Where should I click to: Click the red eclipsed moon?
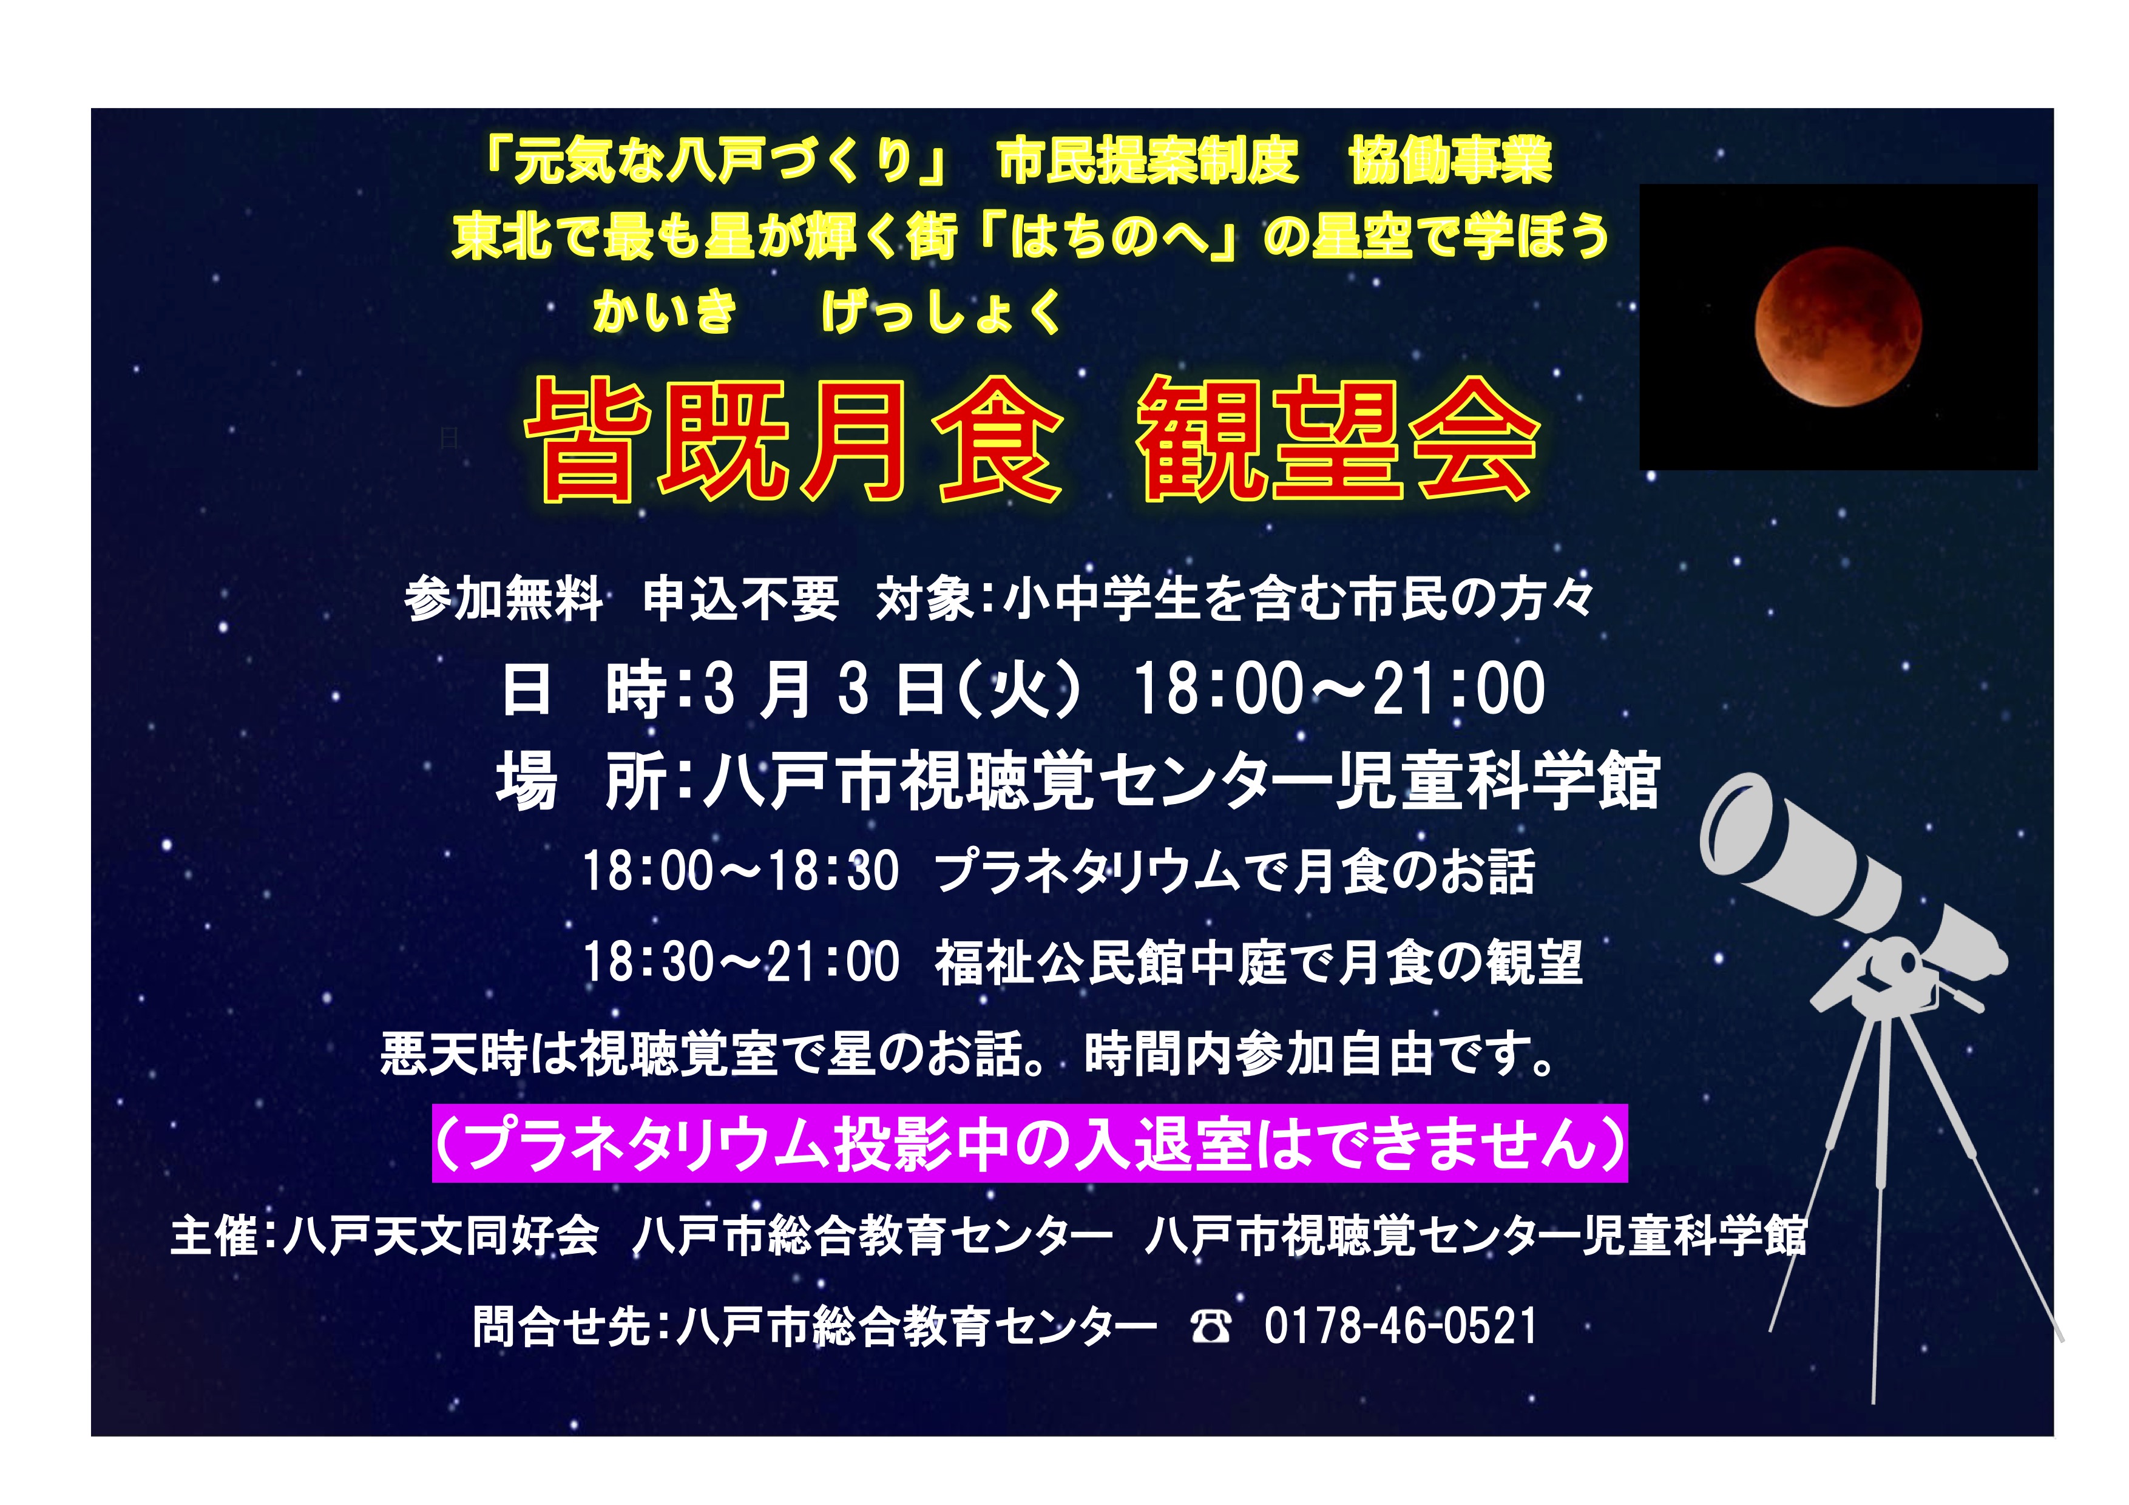1838,326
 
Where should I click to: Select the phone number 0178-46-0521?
1400,1326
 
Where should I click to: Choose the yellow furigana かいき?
665,311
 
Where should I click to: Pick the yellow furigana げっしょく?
941,311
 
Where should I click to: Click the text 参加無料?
504,599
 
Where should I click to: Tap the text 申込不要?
741,599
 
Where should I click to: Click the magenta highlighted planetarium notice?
1029,1143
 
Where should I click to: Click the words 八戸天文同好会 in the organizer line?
441,1236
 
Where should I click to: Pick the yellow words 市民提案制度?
1147,160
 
